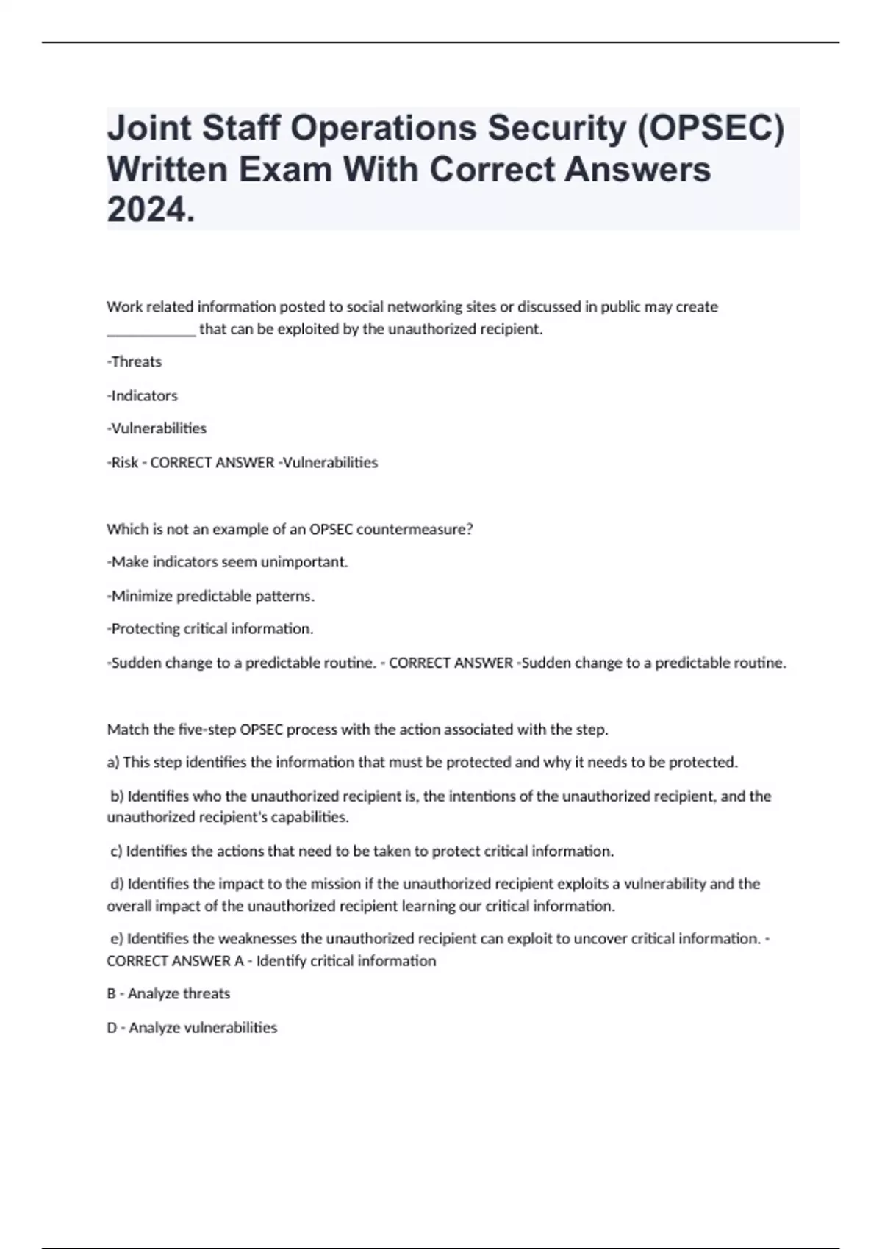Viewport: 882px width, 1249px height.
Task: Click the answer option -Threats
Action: (x=135, y=361)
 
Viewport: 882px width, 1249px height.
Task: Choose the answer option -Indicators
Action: (x=143, y=395)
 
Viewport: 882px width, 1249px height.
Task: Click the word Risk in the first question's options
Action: (x=125, y=462)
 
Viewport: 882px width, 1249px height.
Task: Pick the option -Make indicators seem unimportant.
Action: (x=228, y=562)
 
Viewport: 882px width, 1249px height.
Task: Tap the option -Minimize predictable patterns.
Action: (x=211, y=596)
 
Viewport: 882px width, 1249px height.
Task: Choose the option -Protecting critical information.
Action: (x=210, y=629)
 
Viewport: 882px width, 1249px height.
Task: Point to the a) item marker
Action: (x=113, y=763)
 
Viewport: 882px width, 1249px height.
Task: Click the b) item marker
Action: (x=117, y=796)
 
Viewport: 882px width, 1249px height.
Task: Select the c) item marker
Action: (x=116, y=851)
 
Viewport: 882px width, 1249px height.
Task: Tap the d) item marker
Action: (x=117, y=884)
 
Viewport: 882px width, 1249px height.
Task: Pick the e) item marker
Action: (x=116, y=939)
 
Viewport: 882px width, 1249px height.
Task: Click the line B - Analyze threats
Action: (x=168, y=993)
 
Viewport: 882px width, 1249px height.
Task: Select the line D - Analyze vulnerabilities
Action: (x=192, y=1027)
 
